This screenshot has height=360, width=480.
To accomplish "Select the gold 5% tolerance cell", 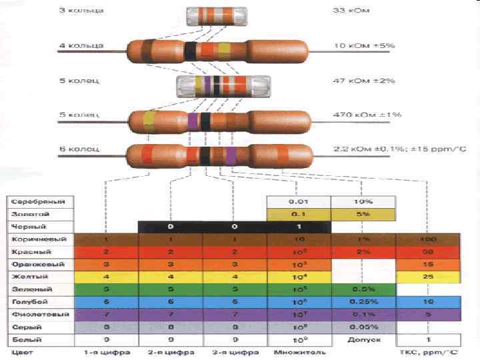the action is pyautogui.click(x=363, y=215).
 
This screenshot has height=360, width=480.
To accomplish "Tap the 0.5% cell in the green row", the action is pyautogui.click(x=363, y=289).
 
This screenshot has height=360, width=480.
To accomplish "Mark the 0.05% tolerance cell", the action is pyautogui.click(x=363, y=327).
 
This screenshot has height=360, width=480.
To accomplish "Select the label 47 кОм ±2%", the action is pyautogui.click(x=363, y=81).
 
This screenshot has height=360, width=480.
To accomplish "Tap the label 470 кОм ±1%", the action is pyautogui.click(x=367, y=115).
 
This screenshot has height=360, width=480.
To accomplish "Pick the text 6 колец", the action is pyautogui.click(x=79, y=149).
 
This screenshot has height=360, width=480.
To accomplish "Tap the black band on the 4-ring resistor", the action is pyautogui.click(x=191, y=50).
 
